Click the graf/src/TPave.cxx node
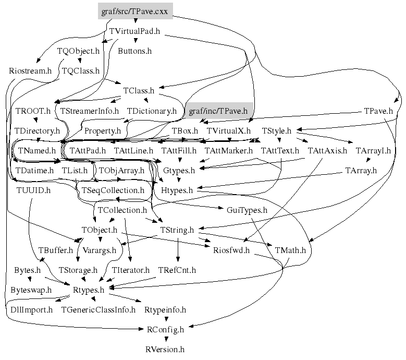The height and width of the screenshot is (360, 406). (136, 11)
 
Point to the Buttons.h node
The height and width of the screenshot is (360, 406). (134, 51)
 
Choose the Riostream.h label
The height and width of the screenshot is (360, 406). (30, 71)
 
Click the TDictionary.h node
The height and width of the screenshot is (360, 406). (152, 111)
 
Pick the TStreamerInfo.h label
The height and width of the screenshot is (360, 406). (90, 111)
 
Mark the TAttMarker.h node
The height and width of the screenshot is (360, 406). (229, 151)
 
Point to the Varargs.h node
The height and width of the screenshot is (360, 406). (99, 250)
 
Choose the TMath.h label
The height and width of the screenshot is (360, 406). (286, 250)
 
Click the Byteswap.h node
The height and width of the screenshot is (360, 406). (31, 290)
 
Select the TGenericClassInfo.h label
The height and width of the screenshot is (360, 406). (99, 310)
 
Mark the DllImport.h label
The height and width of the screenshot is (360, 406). (32, 310)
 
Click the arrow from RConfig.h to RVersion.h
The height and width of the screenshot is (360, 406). (166, 340)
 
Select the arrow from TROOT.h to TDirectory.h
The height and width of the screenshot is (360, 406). (34, 121)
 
